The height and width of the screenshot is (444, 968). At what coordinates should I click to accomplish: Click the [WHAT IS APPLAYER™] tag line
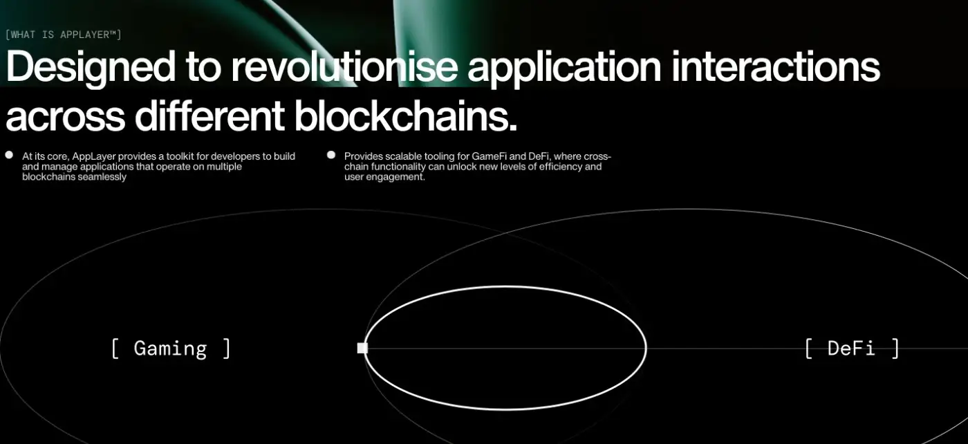point(64,35)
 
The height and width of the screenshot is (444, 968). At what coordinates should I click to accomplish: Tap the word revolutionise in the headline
point(344,66)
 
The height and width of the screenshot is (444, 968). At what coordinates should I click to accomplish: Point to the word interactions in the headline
point(776,66)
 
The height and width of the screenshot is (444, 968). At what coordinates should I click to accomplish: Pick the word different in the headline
point(210,115)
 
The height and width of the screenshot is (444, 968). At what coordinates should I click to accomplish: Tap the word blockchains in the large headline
point(401,115)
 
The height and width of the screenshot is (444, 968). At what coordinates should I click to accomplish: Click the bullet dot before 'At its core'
point(9,155)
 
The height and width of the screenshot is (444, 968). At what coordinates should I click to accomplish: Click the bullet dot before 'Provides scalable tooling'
point(331,155)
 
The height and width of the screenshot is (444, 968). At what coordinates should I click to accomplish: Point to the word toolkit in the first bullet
point(180,156)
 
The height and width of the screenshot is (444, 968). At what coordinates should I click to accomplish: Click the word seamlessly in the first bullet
point(104,177)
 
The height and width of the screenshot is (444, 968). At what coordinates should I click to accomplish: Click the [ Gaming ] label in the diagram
point(171,349)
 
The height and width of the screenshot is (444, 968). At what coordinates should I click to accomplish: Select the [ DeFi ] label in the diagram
point(852,349)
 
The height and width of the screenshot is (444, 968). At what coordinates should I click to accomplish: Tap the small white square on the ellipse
point(362,348)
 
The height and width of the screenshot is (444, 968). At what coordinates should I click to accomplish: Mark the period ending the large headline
point(513,127)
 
